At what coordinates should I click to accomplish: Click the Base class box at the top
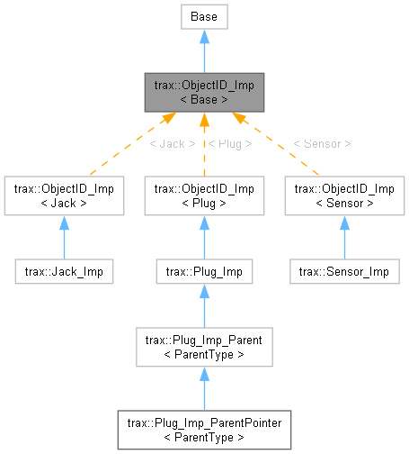204,15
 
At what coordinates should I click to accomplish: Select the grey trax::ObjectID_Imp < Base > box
204,92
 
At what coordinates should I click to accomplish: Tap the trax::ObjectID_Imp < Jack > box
63,195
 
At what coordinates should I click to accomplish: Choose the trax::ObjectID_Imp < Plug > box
204,195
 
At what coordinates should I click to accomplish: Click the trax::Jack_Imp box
63,270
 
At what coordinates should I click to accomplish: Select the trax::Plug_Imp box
204,270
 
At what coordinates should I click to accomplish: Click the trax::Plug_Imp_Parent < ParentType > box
204,347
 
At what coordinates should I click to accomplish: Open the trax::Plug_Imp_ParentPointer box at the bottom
204,430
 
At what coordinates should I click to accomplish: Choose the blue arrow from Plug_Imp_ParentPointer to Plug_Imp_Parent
204,388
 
